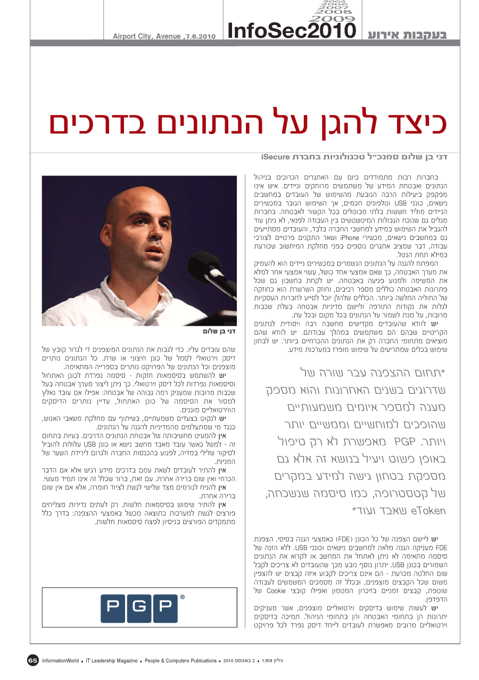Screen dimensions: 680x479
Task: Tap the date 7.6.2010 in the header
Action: pyautogui.click(x=200, y=37)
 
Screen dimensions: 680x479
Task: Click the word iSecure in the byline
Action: pyautogui.click(x=275, y=157)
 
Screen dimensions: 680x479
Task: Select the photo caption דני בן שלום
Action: pyautogui.click(x=218, y=331)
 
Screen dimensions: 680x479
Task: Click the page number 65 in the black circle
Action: pyautogui.click(x=33, y=660)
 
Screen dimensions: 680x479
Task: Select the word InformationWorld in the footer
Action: pyautogui.click(x=61, y=661)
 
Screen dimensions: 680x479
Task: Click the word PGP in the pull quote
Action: pyautogui.click(x=404, y=442)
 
